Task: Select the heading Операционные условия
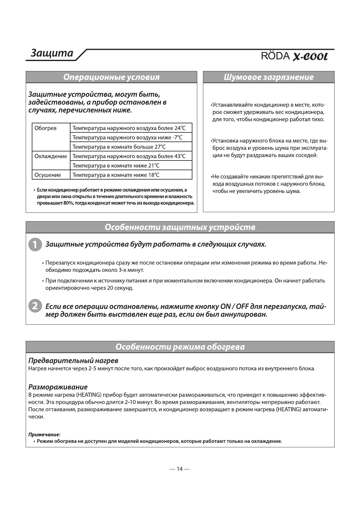[111, 77]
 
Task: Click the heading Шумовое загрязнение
[269, 77]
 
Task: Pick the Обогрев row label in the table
[45, 128]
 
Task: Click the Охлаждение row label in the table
[51, 156]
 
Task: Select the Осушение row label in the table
[48, 175]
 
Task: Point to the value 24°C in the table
[180, 128]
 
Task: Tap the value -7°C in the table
[177, 138]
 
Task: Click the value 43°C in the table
[180, 156]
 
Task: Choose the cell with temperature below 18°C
[116, 175]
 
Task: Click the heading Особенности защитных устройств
[180, 227]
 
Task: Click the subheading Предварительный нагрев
[73, 361]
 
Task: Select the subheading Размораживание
[58, 387]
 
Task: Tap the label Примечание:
[44, 435]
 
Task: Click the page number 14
[180, 469]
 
